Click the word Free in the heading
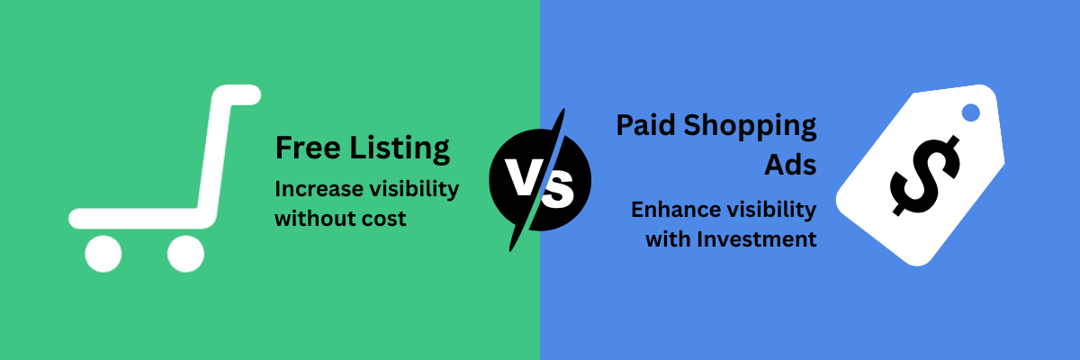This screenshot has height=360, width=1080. tap(303, 148)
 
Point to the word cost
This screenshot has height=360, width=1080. tap(385, 219)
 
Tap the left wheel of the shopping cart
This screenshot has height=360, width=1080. tap(103, 254)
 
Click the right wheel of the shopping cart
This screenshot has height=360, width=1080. tap(185, 254)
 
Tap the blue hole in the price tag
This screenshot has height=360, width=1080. tap(970, 113)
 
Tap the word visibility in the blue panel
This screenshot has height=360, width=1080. tap(772, 211)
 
